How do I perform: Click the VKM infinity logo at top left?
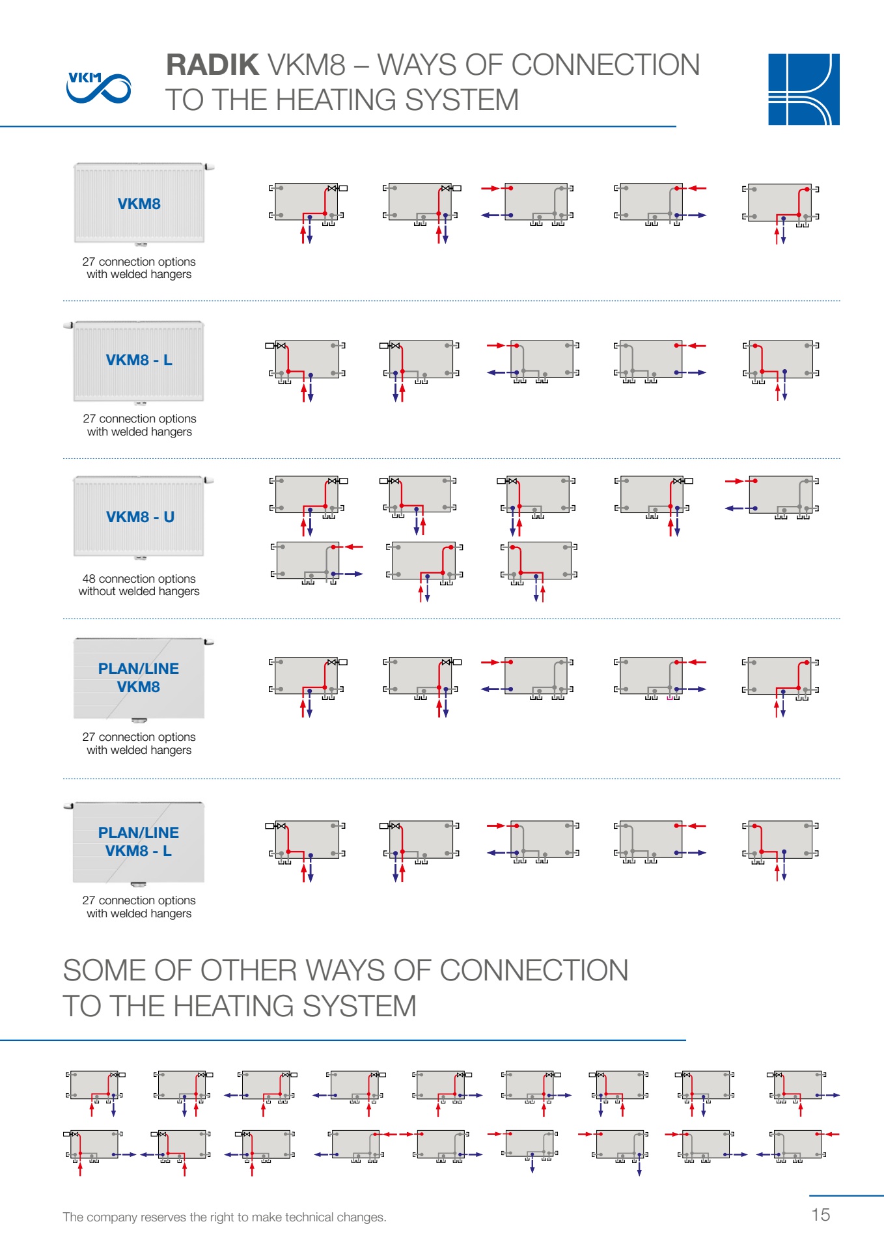tap(98, 87)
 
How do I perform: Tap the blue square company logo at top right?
tap(803, 89)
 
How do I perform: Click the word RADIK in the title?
tap(212, 65)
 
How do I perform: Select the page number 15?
tap(820, 1215)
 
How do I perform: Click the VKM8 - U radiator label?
tap(140, 517)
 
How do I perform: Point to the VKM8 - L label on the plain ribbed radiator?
tap(139, 360)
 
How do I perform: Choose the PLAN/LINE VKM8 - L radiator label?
tap(139, 842)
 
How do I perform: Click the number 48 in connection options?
tap(89, 579)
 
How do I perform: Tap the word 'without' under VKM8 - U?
tap(95, 591)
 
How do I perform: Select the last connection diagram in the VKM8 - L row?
tap(780, 370)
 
